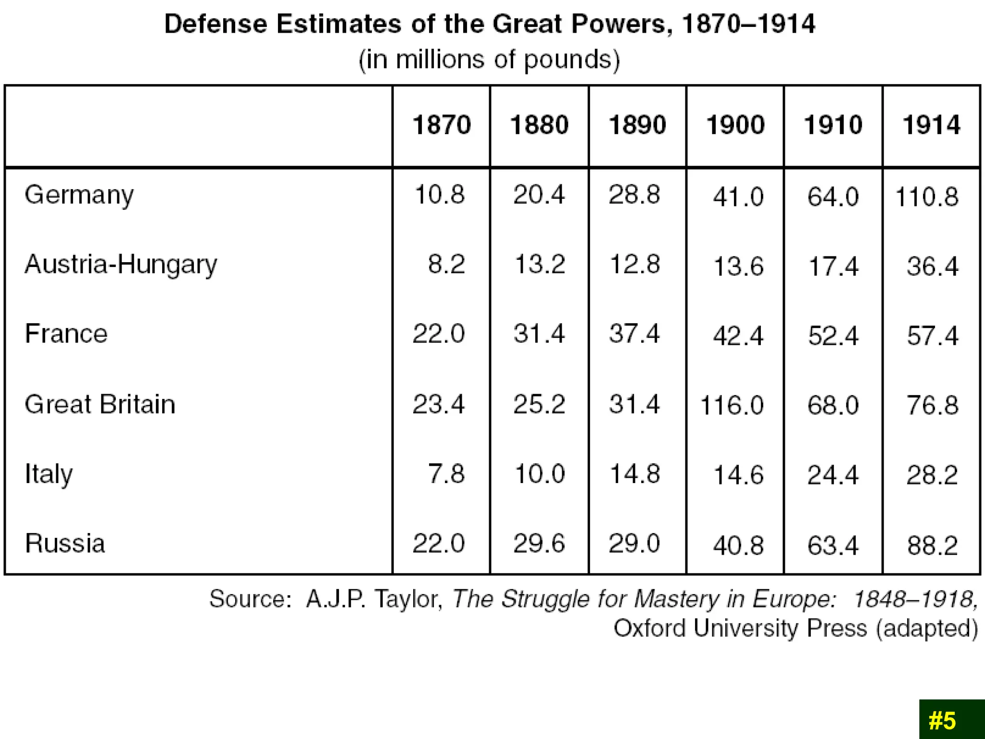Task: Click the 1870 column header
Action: click(442, 125)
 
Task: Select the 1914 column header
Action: click(931, 125)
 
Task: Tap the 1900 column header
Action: click(735, 125)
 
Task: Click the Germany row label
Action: click(79, 195)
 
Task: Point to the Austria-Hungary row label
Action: click(121, 265)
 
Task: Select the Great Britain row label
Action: click(100, 404)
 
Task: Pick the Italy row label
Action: click(49, 474)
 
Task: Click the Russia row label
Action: click(65, 544)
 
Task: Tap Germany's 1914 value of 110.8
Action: click(926, 197)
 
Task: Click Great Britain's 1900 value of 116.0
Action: click(732, 405)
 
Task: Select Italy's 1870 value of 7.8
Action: click(446, 474)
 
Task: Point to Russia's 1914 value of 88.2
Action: click(932, 546)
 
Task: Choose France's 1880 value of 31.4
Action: click(539, 334)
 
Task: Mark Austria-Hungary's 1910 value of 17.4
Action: click(833, 267)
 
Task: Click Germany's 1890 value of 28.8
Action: click(634, 195)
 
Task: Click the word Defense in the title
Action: click(215, 24)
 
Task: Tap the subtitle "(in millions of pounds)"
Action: click(490, 60)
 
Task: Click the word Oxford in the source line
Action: click(649, 628)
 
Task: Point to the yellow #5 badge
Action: click(943, 721)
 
